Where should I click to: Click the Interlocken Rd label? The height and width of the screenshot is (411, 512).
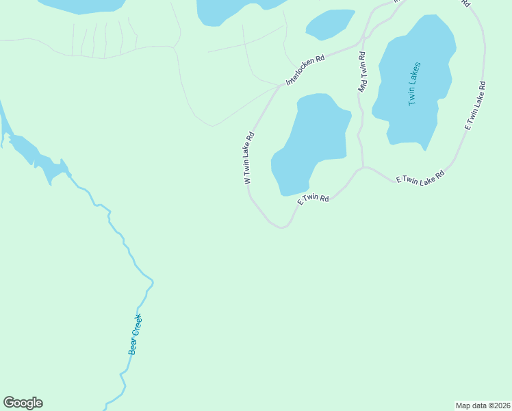coord(305,70)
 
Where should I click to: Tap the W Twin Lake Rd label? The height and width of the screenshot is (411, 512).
coord(249,158)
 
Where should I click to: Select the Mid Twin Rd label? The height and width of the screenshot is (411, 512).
coord(362,72)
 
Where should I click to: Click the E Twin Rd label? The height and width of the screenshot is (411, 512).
coord(313,199)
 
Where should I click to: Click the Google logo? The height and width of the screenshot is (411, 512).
coord(23,403)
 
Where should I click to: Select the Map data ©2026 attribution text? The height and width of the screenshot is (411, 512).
coord(483,406)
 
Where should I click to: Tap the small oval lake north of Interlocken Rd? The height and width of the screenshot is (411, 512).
coord(330,24)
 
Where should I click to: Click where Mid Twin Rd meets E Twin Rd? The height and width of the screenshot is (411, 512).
coord(363,166)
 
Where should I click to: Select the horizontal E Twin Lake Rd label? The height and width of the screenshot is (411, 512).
coord(420,176)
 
